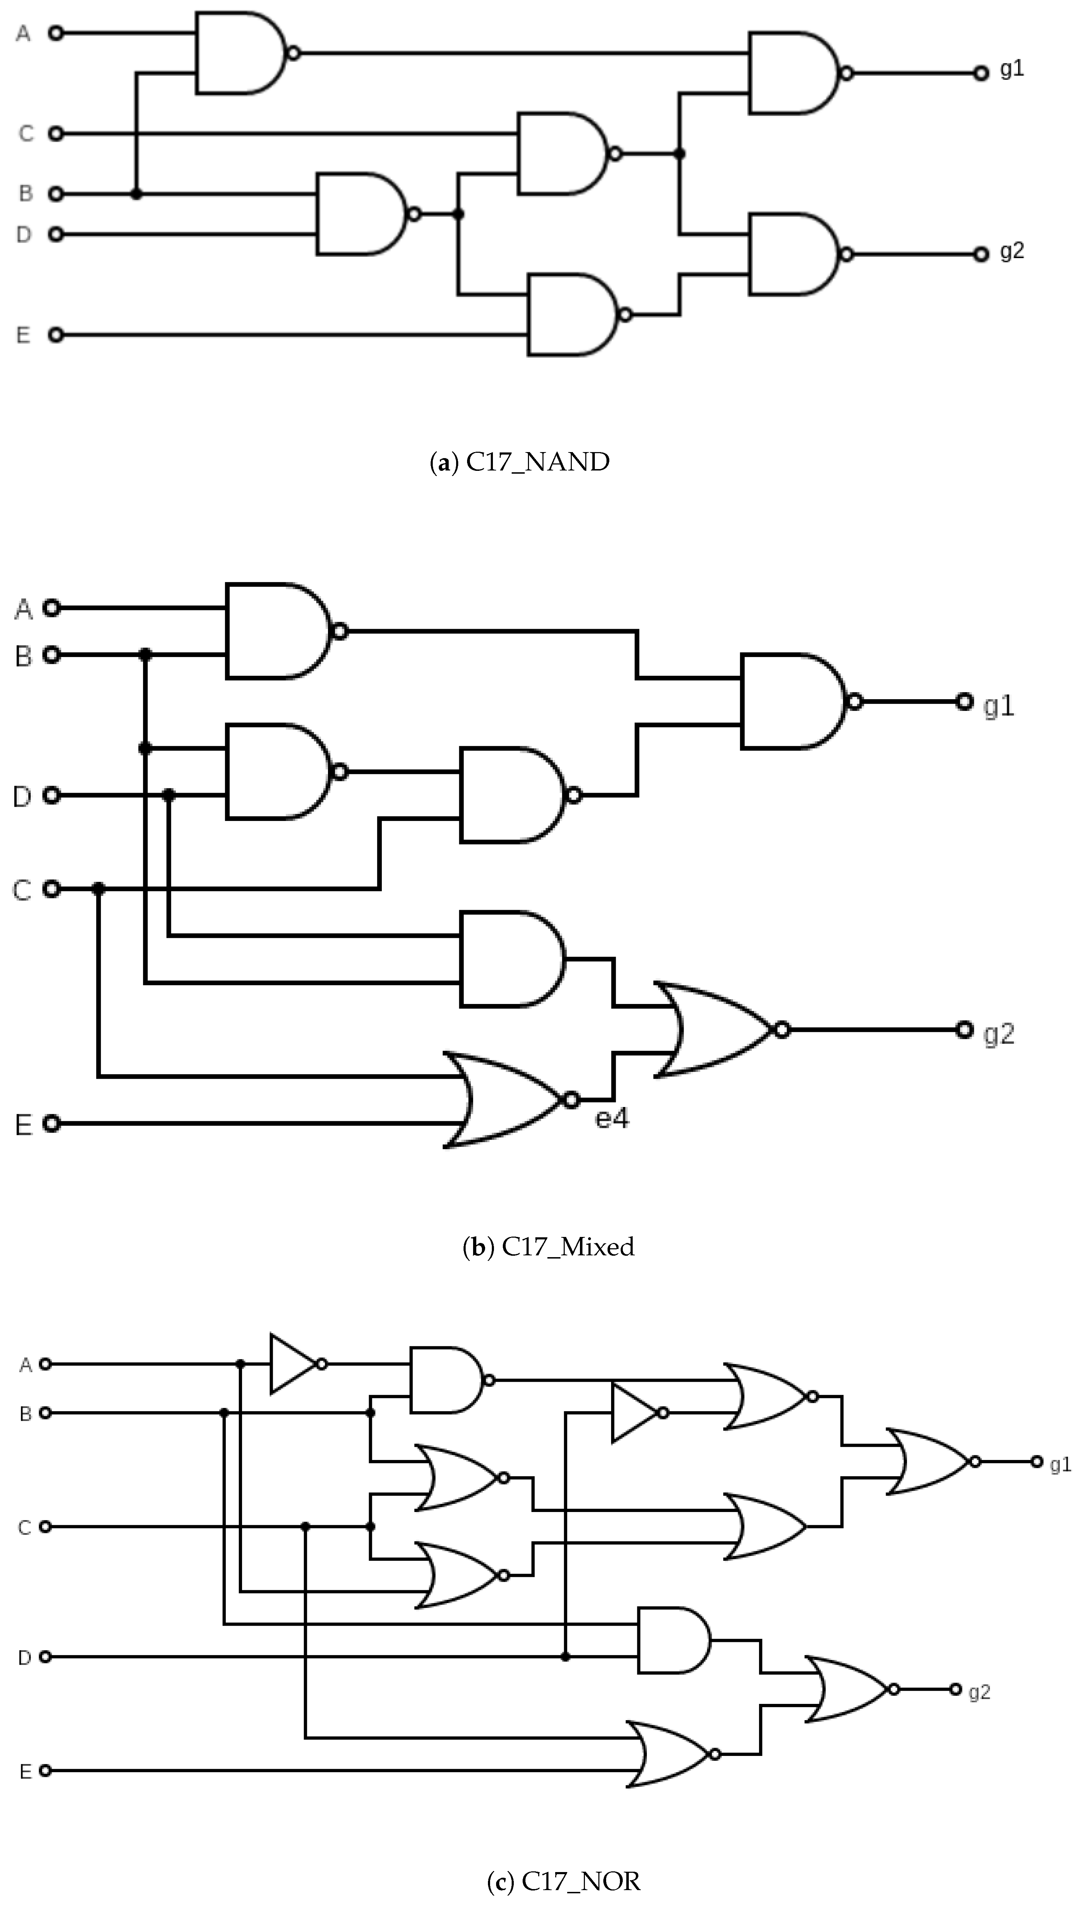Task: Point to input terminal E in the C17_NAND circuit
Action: (x=56, y=335)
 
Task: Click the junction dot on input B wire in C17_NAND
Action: (x=136, y=194)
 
